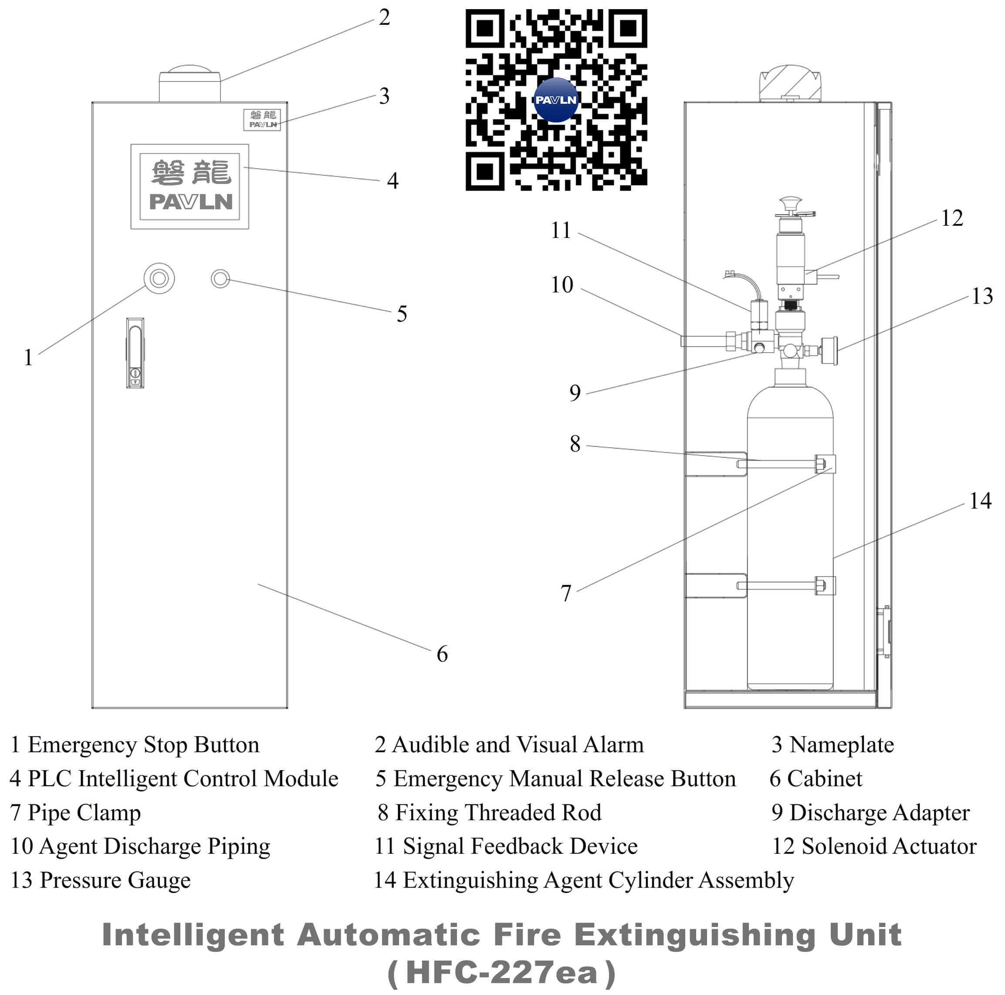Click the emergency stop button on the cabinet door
pos(159,278)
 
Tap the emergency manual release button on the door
pos(220,279)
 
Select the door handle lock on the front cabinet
pos(135,353)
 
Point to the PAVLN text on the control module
pos(190,202)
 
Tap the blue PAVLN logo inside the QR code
pos(555,100)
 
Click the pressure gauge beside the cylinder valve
pos(829,351)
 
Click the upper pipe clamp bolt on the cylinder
pos(821,463)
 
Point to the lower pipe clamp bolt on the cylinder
pos(821,585)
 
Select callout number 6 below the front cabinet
pos(442,654)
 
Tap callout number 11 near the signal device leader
pos(561,231)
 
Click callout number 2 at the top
pos(384,18)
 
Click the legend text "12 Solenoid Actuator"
pos(873,847)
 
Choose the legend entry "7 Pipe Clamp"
pos(75,813)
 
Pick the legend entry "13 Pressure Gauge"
pos(100,880)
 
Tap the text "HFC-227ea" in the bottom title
pos(501,973)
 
